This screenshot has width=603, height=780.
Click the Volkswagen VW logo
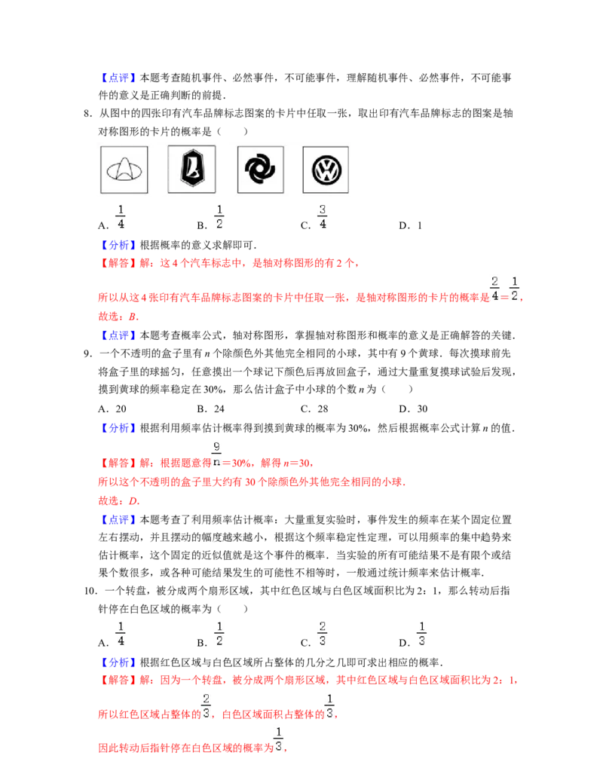[x=326, y=170]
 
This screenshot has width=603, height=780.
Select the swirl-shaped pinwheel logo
[x=261, y=170]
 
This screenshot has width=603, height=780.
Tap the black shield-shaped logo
[x=191, y=170]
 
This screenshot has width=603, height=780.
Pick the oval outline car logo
[x=124, y=170]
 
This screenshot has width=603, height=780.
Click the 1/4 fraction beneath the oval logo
[x=121, y=217]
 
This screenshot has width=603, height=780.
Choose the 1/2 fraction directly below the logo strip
[x=219, y=217]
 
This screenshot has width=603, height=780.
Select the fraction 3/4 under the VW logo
[x=323, y=217]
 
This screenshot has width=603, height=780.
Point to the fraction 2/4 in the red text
[x=494, y=289]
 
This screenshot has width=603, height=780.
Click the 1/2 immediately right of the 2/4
[x=515, y=289]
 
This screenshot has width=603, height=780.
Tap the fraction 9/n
[x=216, y=453]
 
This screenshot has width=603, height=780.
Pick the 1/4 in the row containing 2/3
[x=121, y=633]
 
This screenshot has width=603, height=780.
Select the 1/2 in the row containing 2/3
[x=219, y=633]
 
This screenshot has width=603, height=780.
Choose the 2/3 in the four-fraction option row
[x=322, y=633]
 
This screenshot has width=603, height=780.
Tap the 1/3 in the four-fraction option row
[x=422, y=633]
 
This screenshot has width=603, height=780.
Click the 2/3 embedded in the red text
[x=207, y=705]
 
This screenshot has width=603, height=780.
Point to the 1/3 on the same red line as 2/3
[x=328, y=705]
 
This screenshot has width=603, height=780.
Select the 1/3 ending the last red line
[x=280, y=740]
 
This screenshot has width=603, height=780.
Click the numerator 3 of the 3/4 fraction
[x=323, y=210]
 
